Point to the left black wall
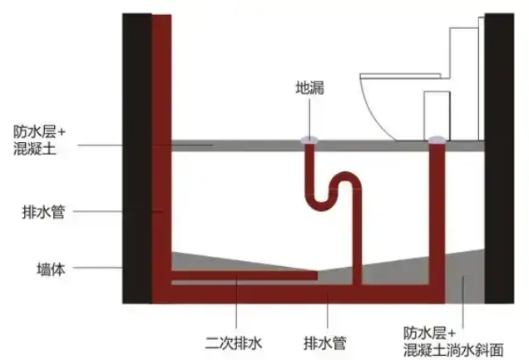click(x=137, y=158)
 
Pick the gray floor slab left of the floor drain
click(x=233, y=145)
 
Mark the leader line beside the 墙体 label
click(x=100, y=268)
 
